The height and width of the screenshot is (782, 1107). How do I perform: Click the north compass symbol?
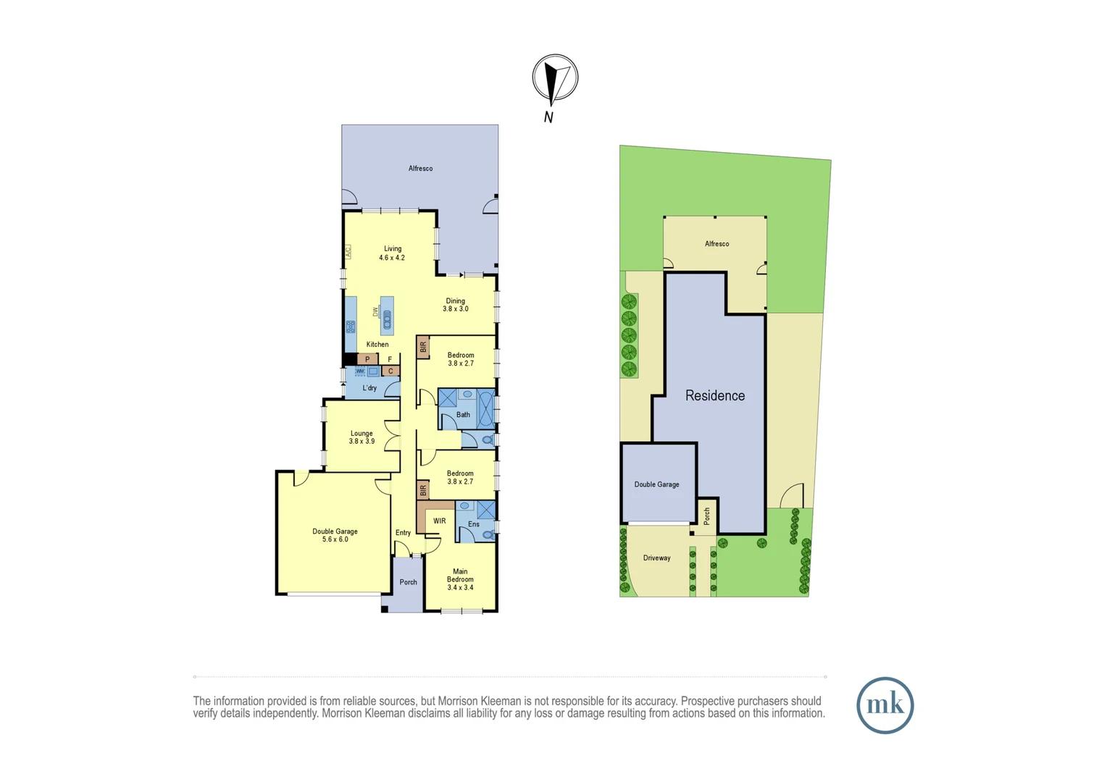point(555,78)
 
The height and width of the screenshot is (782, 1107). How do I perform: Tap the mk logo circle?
point(885,705)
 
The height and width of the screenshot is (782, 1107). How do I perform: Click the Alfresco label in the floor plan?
point(420,169)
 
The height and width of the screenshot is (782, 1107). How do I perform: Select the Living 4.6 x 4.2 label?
point(392,253)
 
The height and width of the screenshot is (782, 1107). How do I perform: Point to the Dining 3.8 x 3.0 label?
point(455,305)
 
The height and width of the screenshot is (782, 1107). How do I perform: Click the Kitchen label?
point(377,345)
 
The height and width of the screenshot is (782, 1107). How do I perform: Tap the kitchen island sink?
point(387,319)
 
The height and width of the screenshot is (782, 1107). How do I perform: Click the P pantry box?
point(367,359)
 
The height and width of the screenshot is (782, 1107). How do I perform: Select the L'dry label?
point(369,388)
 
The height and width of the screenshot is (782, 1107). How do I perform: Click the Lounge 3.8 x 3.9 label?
point(362,437)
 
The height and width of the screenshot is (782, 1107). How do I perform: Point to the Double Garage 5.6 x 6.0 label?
point(335,535)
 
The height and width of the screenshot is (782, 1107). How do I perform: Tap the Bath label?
point(463,415)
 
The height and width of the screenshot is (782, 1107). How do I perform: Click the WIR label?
point(439,521)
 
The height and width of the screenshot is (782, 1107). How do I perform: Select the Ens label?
point(473,524)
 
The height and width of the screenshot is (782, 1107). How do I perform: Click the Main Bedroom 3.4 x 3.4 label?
point(460,579)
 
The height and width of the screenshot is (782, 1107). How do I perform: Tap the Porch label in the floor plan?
point(408,582)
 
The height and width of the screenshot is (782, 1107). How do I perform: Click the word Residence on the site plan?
point(714,395)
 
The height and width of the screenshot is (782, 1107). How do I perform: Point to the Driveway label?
point(656,558)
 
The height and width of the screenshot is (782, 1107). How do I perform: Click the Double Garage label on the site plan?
point(656,484)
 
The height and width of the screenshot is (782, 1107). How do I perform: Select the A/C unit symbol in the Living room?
point(348,252)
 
